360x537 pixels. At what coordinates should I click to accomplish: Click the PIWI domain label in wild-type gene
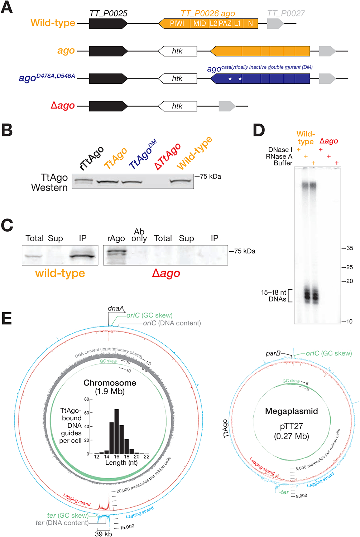click(x=177, y=24)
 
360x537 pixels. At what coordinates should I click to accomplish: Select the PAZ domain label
click(x=225, y=24)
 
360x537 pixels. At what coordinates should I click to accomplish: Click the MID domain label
click(x=200, y=24)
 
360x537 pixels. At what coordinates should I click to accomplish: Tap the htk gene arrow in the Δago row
click(x=177, y=106)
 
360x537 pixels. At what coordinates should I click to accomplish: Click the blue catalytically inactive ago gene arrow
click(x=260, y=78)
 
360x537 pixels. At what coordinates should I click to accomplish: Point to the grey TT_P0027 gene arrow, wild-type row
click(x=275, y=24)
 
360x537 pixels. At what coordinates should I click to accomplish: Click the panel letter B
click(x=7, y=130)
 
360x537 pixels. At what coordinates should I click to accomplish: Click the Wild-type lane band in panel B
click(x=181, y=181)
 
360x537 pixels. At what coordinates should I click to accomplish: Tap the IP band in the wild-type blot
click(x=83, y=256)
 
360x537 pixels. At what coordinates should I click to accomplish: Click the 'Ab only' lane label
click(x=139, y=235)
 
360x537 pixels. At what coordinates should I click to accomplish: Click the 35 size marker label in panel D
click(x=350, y=248)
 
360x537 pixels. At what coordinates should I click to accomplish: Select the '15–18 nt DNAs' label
click(x=274, y=296)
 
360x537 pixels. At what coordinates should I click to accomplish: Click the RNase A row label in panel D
click(x=279, y=156)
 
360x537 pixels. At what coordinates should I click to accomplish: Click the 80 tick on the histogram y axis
click(x=86, y=399)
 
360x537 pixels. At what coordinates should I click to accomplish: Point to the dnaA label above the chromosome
click(x=116, y=308)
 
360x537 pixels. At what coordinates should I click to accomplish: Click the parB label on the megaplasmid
click(x=273, y=353)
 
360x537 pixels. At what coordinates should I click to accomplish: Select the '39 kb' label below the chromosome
click(x=103, y=534)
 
